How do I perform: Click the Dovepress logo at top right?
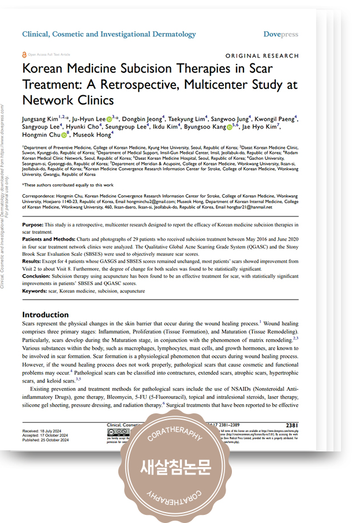coord(281,34)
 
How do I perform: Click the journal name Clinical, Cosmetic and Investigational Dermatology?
coord(108,34)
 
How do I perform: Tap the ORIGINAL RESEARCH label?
coord(262,56)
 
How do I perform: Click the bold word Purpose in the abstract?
coord(32,223)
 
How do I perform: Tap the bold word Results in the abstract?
coord(32,261)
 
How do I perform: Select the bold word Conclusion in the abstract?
coord(36,276)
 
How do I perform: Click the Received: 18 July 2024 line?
coord(44,431)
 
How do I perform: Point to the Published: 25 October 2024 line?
coord(47,440)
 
